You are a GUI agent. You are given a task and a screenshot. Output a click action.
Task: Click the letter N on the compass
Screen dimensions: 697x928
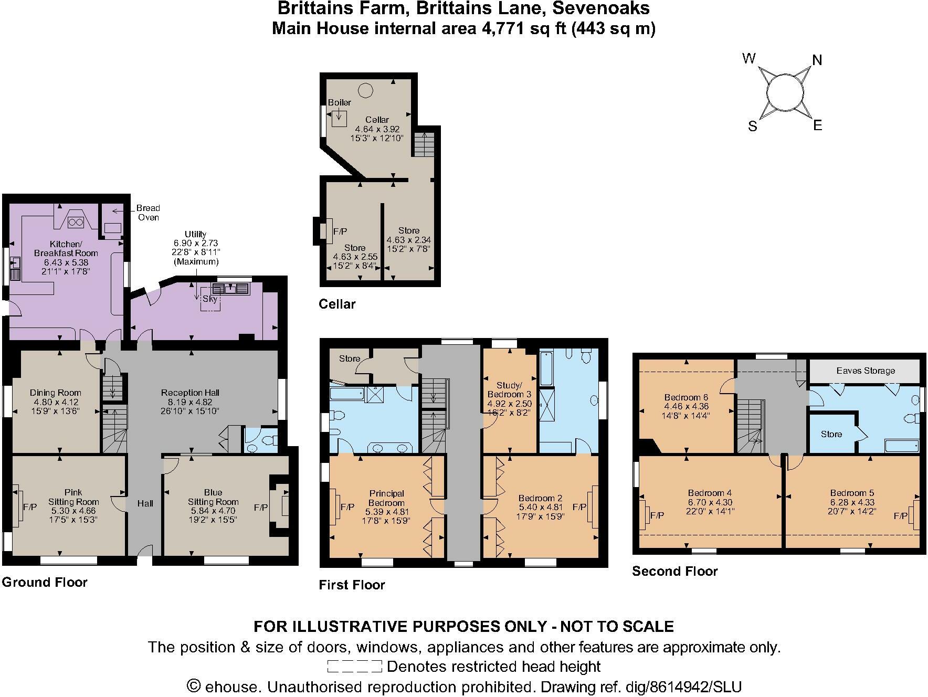[817, 60]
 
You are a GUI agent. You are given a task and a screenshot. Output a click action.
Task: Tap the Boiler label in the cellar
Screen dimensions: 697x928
[339, 102]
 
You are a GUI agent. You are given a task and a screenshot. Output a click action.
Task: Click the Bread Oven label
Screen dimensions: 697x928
[148, 213]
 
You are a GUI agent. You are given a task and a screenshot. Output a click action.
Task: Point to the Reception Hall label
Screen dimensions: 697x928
[190, 393]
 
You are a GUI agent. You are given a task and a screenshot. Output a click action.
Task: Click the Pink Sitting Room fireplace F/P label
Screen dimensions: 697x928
[30, 507]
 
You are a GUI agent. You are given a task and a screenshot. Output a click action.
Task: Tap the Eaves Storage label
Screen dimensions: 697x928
[865, 371]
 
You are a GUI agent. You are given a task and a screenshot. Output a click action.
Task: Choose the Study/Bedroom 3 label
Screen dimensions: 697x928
[509, 389]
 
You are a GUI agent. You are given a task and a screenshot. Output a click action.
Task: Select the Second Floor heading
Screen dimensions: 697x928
[674, 571]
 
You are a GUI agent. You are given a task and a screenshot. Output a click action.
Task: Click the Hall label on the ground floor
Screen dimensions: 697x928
[145, 503]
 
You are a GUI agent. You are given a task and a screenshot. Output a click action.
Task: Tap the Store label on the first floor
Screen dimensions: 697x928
[350, 358]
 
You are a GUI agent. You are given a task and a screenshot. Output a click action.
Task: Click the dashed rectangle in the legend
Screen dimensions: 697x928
[354, 667]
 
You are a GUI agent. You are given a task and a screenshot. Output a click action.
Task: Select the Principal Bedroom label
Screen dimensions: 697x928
[386, 498]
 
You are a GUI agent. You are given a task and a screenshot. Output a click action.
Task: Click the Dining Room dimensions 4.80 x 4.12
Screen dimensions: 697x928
[55, 402]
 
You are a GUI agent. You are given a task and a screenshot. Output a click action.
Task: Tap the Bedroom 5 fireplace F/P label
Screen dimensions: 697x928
[901, 516]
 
